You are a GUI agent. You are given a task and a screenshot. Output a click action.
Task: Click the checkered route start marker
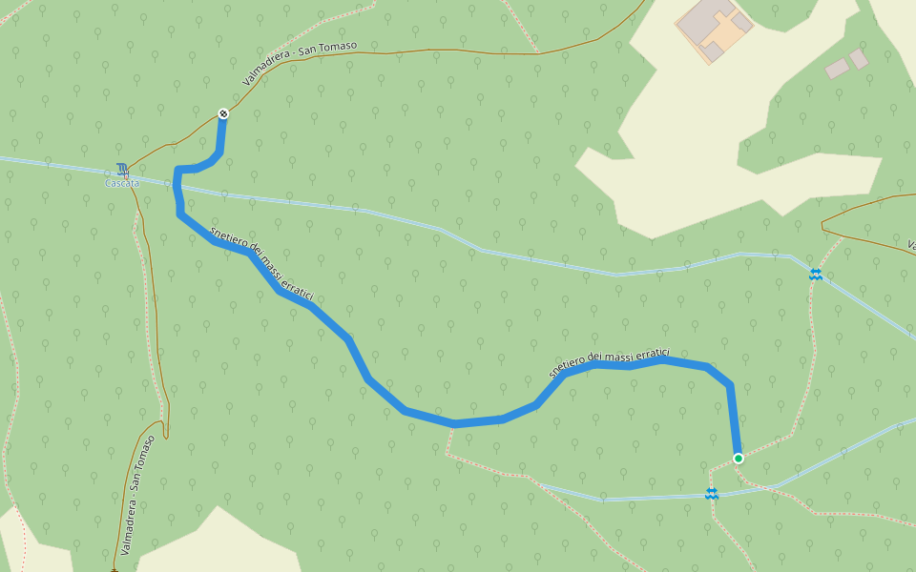[x=223, y=113]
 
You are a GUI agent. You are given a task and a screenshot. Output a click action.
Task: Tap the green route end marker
[x=738, y=459]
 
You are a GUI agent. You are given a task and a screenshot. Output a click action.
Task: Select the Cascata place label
[x=122, y=183]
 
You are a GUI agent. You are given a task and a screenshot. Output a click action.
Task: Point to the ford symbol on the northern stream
[x=816, y=274]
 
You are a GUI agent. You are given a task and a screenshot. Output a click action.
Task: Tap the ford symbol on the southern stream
[x=711, y=493]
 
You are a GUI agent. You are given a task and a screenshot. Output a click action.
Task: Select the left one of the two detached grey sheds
[x=837, y=69]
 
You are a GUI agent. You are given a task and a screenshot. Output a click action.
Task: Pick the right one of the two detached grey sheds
[x=859, y=59]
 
